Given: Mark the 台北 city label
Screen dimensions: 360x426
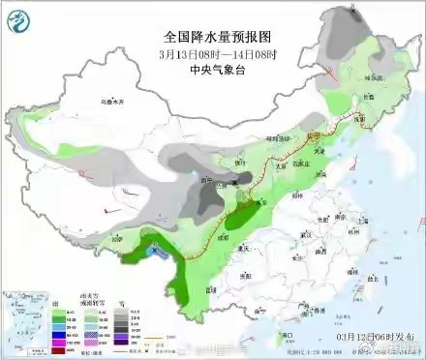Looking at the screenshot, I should (x=371, y=278).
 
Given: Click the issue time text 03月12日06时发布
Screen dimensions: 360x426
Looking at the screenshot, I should (x=370, y=335).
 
